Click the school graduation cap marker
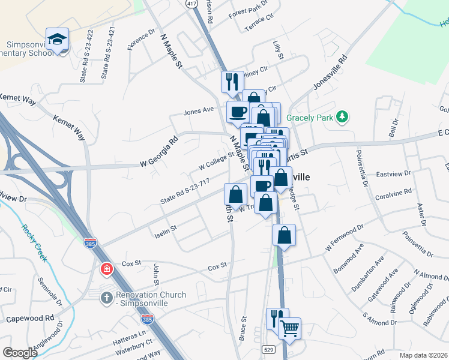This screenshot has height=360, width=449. [x=57, y=40]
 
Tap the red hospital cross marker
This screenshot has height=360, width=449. [x=107, y=269]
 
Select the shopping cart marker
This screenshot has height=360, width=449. [x=290, y=328]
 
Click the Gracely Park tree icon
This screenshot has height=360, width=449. [x=342, y=117]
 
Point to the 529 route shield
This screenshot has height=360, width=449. [x=268, y=349]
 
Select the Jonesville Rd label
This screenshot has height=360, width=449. [x=329, y=74]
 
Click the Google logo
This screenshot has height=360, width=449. [x=20, y=353]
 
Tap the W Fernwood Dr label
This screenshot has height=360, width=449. [x=344, y=238]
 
